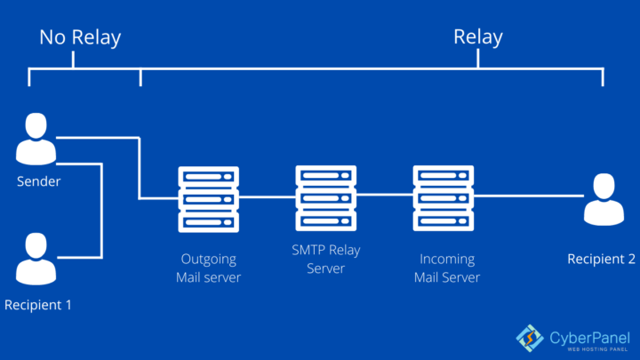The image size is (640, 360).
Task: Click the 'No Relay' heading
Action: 80,37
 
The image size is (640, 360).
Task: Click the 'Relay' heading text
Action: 478,37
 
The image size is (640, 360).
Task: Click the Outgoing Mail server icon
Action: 210,198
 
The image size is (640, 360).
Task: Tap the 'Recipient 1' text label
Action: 37,305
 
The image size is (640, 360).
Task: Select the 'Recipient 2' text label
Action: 602,259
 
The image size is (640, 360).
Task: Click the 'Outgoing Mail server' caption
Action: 210,268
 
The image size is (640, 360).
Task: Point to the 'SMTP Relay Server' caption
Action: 326,260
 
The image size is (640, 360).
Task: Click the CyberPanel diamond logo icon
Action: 530,337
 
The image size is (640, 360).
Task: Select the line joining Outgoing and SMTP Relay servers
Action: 268,197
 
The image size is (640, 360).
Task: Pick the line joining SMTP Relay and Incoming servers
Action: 385,194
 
